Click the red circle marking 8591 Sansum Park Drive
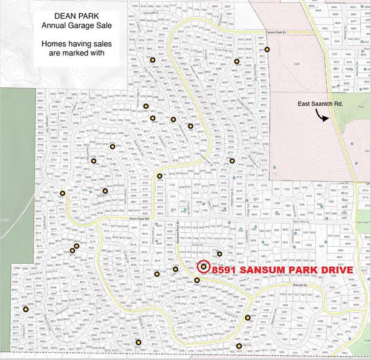coord(203,266)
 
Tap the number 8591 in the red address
coord(225,269)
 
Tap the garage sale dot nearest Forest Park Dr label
coord(268,50)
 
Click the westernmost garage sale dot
coord(26,309)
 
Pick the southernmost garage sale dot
coord(239,346)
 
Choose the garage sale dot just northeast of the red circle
coord(220,254)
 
